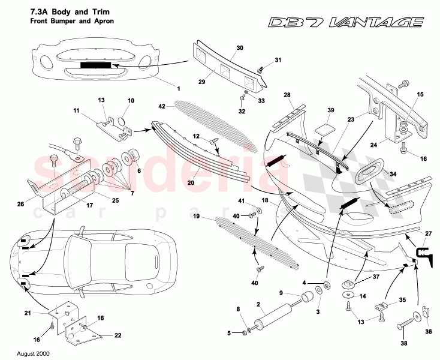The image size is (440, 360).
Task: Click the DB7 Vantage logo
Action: point(346,22)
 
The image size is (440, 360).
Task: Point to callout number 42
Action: point(161,106)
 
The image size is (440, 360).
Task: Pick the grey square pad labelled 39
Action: point(324,129)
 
